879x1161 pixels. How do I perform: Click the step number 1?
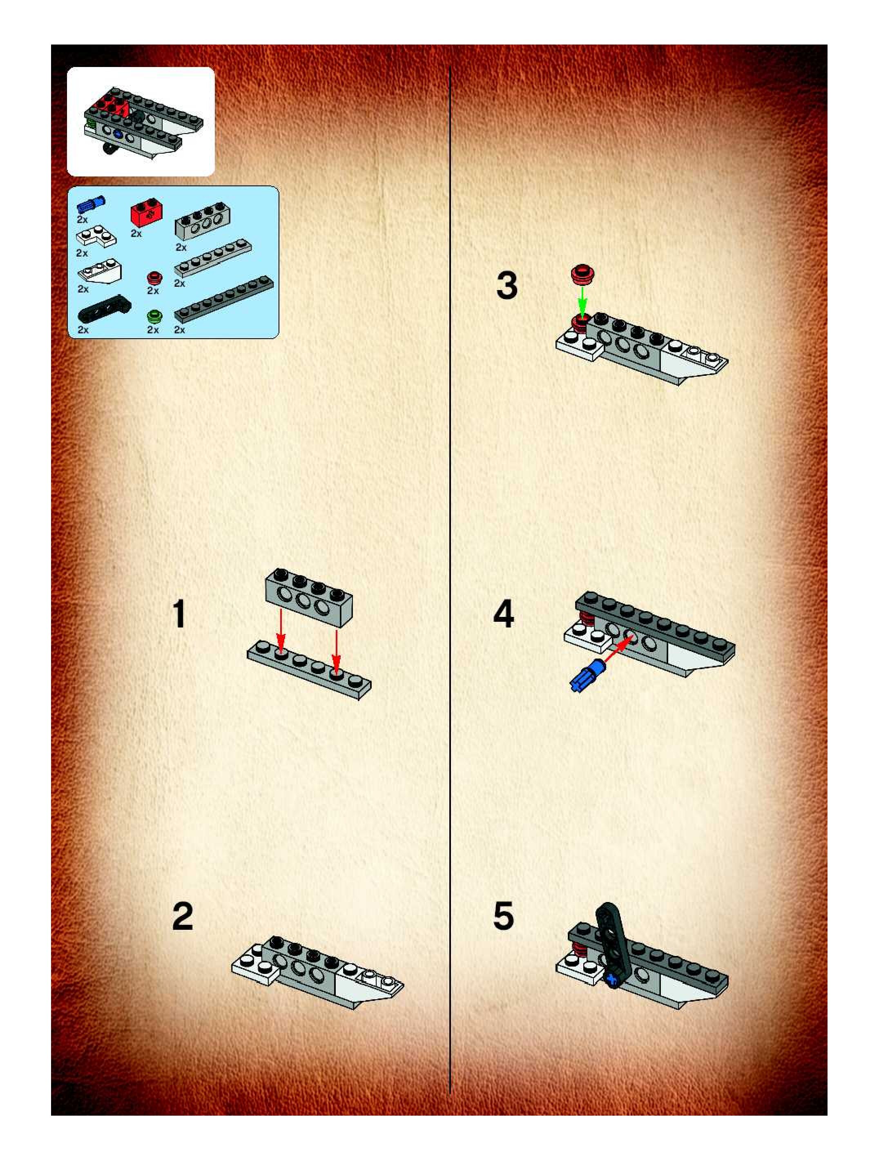point(179,614)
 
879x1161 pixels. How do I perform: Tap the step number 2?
point(183,917)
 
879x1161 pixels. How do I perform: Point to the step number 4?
point(504,614)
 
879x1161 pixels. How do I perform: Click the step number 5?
point(504,917)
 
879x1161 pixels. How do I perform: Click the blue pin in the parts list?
point(91,204)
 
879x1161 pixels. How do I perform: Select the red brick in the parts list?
point(146,214)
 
